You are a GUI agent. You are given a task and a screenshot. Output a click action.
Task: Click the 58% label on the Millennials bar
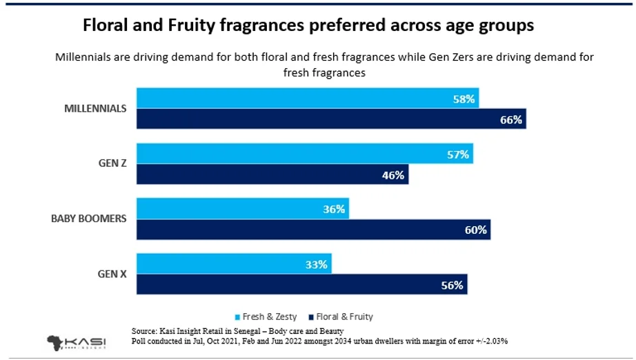[464, 99]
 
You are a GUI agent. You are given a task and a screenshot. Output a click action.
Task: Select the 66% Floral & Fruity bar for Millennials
[331, 119]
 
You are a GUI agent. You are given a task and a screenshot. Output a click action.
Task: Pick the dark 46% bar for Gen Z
[272, 175]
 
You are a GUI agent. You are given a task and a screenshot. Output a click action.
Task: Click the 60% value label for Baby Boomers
[476, 230]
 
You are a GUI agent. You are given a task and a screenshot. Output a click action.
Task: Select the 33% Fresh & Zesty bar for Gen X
[235, 264]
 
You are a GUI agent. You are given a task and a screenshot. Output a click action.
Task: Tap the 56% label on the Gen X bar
[453, 284]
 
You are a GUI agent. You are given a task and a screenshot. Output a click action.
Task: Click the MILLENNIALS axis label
[95, 109]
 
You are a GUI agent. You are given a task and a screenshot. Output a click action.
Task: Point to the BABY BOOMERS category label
[88, 219]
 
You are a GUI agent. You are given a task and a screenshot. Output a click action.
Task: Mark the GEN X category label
[112, 274]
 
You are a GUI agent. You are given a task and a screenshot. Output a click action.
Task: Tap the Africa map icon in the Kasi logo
[57, 343]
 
